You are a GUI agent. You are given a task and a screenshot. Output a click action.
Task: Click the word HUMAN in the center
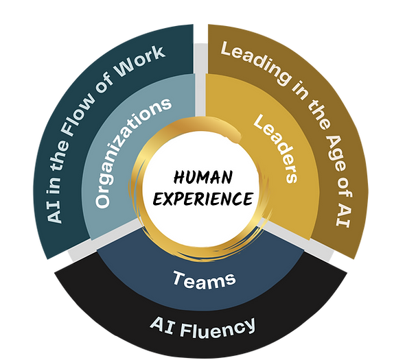(x=202, y=177)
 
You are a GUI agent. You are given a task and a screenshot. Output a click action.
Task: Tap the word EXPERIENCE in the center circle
(x=202, y=199)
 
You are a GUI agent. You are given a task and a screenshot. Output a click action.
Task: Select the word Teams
(x=205, y=279)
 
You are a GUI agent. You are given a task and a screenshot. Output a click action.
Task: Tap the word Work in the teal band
(x=140, y=61)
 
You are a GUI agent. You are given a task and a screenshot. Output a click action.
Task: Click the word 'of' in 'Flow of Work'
(x=104, y=86)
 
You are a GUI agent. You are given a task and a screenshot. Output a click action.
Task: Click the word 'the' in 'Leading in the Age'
(x=318, y=115)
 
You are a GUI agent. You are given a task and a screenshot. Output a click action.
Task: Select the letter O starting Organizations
(x=102, y=201)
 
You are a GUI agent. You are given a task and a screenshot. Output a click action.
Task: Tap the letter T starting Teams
(x=179, y=278)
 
